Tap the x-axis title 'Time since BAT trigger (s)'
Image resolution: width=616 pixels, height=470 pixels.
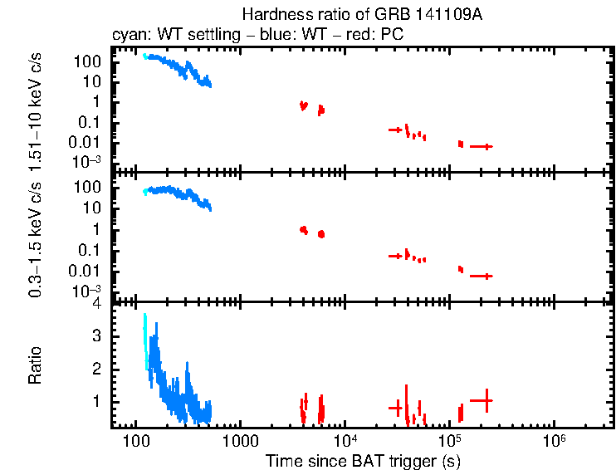(x=363, y=459)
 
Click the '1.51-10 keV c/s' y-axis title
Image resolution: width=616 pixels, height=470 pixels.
(x=37, y=108)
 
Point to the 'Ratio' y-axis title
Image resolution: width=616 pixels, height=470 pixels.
(x=37, y=366)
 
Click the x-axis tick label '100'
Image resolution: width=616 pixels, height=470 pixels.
(x=134, y=439)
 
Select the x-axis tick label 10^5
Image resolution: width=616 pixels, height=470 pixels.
(x=449, y=438)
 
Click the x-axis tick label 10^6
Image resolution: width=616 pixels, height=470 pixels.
(x=554, y=438)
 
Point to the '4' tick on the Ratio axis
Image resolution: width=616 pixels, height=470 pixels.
(x=97, y=304)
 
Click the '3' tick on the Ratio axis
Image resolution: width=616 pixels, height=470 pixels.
(x=97, y=335)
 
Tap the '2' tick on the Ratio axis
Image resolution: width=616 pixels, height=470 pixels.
(x=97, y=368)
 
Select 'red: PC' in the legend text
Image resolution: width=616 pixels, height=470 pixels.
(x=379, y=37)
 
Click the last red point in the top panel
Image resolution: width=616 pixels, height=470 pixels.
(x=482, y=146)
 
